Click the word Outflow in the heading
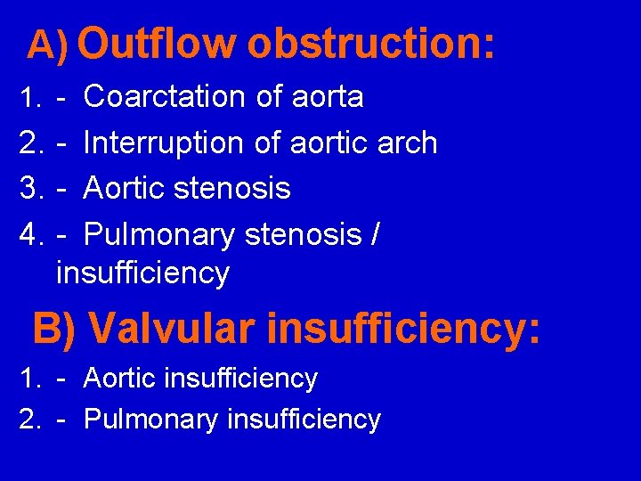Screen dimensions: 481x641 coord(160,43)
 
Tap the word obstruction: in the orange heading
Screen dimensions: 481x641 coord(370,43)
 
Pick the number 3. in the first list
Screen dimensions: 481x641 coord(32,189)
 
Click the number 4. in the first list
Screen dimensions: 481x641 coord(32,236)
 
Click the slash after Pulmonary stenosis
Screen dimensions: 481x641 coord(375,236)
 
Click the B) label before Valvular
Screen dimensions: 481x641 coord(56,329)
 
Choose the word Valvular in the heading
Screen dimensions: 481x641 coord(173,329)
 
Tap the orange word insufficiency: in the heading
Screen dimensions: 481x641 coord(402,329)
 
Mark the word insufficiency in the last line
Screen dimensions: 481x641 coord(304,420)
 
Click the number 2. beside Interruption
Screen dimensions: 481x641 coord(32,143)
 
